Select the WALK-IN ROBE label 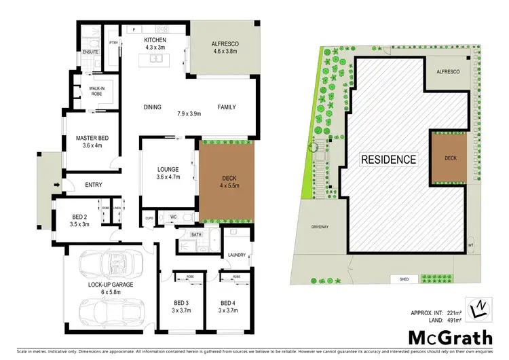pos(91,91)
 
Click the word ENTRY pos(94,185)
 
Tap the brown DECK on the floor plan pos(227,183)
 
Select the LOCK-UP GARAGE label pos(111,285)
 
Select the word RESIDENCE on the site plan pos(388,160)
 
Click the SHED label pos(399,278)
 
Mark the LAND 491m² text pos(436,319)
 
